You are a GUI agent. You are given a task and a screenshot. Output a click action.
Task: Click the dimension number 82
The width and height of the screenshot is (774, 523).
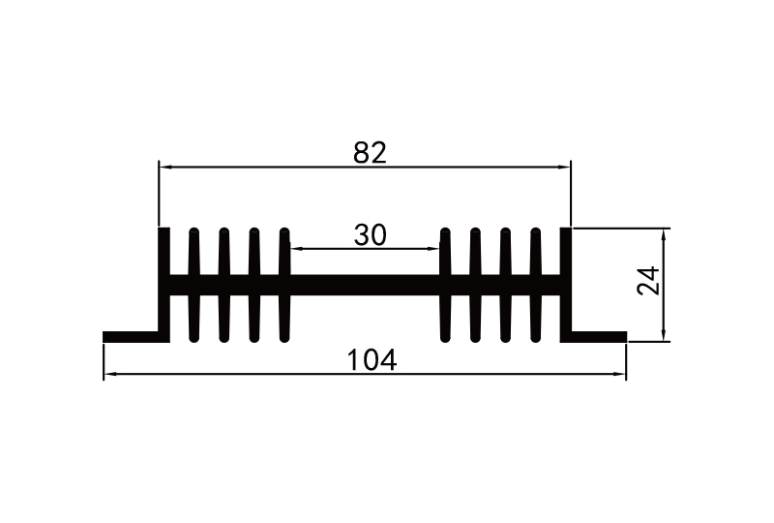pos(370,152)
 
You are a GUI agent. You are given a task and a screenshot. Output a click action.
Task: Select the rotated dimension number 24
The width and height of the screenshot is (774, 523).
pos(649,281)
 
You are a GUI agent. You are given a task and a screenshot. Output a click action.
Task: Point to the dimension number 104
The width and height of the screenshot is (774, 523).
pos(372,360)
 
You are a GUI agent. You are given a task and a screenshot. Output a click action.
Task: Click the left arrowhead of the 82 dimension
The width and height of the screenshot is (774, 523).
pos(164,168)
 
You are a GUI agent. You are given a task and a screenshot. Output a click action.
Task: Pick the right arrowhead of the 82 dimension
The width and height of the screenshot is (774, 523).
pos(566,168)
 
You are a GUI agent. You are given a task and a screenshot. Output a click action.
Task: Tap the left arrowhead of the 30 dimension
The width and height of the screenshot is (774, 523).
pos(295,249)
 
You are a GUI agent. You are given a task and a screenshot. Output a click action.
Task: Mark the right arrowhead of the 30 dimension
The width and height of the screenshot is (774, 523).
pos(434,249)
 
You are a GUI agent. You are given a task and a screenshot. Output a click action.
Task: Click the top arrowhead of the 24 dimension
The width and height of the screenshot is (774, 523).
pos(665,233)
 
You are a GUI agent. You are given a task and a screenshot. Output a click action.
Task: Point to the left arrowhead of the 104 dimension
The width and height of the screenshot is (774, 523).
pos(109,373)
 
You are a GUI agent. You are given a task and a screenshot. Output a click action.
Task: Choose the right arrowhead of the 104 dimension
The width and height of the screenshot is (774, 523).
pos(620,373)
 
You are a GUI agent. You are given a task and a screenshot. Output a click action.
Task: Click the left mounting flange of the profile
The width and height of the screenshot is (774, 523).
pos(132,337)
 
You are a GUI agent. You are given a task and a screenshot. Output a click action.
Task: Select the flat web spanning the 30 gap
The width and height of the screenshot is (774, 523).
pos(365,285)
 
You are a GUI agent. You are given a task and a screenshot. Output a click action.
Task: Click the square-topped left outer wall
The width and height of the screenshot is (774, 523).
pos(164,281)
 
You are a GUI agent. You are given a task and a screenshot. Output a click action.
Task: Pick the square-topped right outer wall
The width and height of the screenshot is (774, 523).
pos(566,281)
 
